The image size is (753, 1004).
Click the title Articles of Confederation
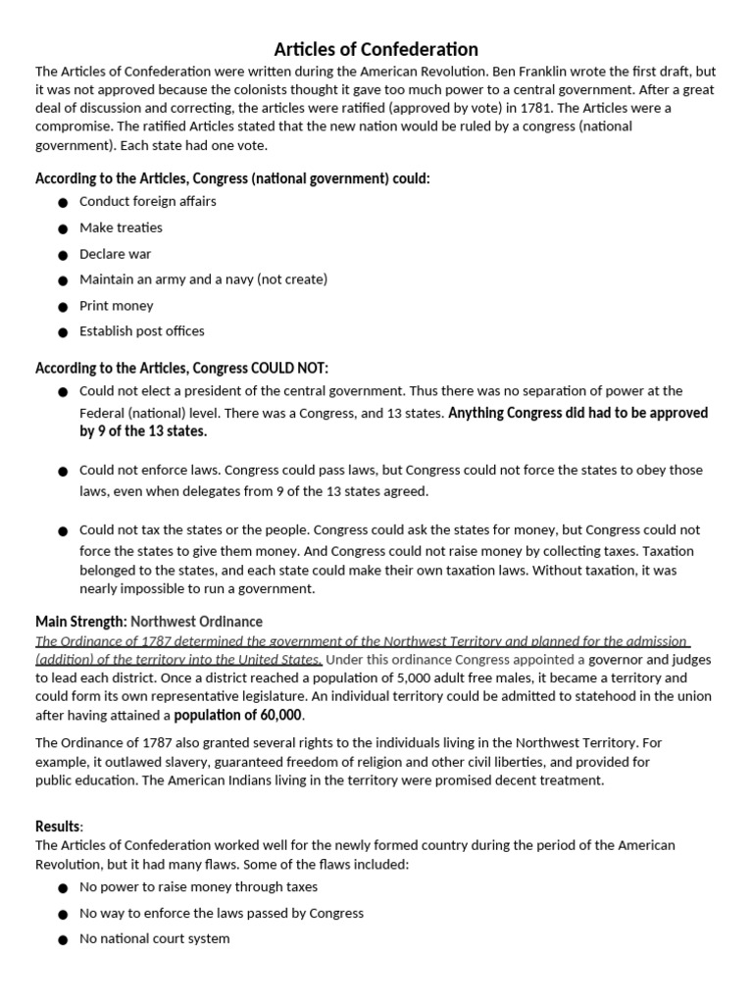376,48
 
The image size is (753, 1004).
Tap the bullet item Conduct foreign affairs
148,201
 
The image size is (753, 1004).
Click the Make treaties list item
121,227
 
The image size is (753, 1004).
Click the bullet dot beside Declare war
63,255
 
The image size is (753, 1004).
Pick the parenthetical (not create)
292,279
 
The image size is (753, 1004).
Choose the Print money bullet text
117,306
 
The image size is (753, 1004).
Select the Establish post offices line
142,331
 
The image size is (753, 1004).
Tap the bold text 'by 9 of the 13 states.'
143,431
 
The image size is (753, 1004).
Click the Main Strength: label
80,622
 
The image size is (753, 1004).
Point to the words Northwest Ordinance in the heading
196,622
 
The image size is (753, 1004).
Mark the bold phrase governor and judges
650,659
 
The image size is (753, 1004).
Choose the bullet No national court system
155,938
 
